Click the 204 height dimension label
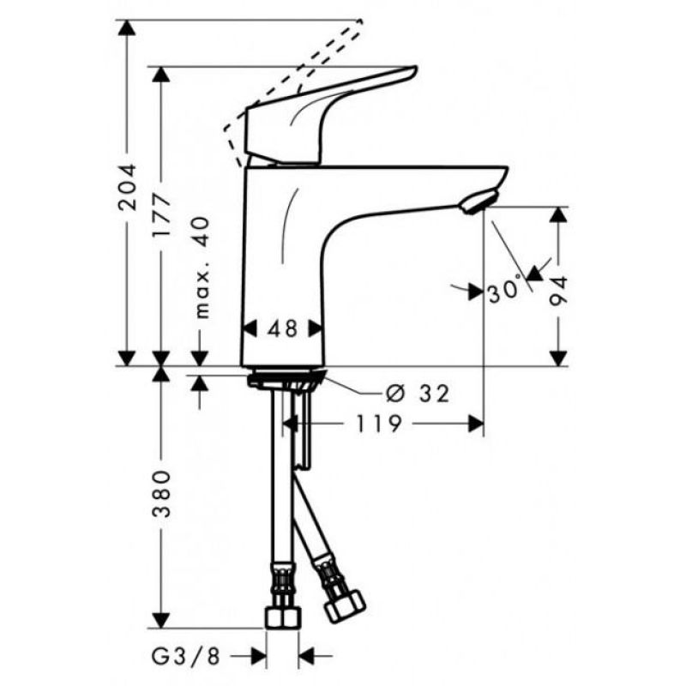(x=127, y=187)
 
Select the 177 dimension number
(x=161, y=215)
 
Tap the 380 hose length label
(x=161, y=494)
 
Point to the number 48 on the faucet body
(x=283, y=328)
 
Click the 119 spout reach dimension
(x=379, y=424)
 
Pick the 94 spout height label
(x=559, y=291)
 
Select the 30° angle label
(x=505, y=291)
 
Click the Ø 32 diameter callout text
(x=418, y=394)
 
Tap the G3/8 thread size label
(x=185, y=656)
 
